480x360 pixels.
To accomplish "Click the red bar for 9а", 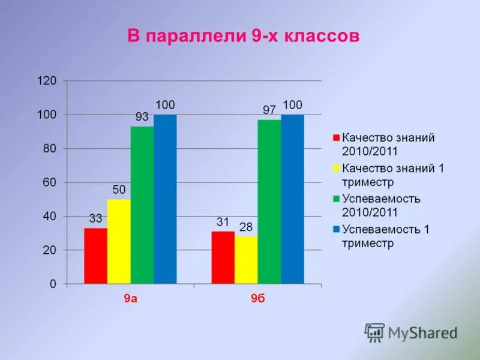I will click(95, 256).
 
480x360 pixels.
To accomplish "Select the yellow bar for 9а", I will click(119, 241).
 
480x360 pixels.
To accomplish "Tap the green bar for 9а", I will click(142, 205).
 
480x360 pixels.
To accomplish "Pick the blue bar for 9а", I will click(165, 199).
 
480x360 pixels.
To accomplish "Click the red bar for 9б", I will click(223, 257).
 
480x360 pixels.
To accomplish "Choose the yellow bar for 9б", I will click(246, 260).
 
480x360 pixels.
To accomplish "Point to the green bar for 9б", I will click(269, 202).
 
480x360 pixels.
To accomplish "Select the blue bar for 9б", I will click(292, 199).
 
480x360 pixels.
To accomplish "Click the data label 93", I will click(142, 118).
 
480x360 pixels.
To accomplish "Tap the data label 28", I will click(245, 227).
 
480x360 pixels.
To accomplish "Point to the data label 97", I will click(269, 110).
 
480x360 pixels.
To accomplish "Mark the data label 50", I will click(119, 190).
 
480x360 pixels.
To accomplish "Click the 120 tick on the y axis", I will click(48, 81).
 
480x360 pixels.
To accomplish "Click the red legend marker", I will click(337, 138).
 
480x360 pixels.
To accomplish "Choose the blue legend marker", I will click(337, 229).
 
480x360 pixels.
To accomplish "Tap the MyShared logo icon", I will click(375, 332).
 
